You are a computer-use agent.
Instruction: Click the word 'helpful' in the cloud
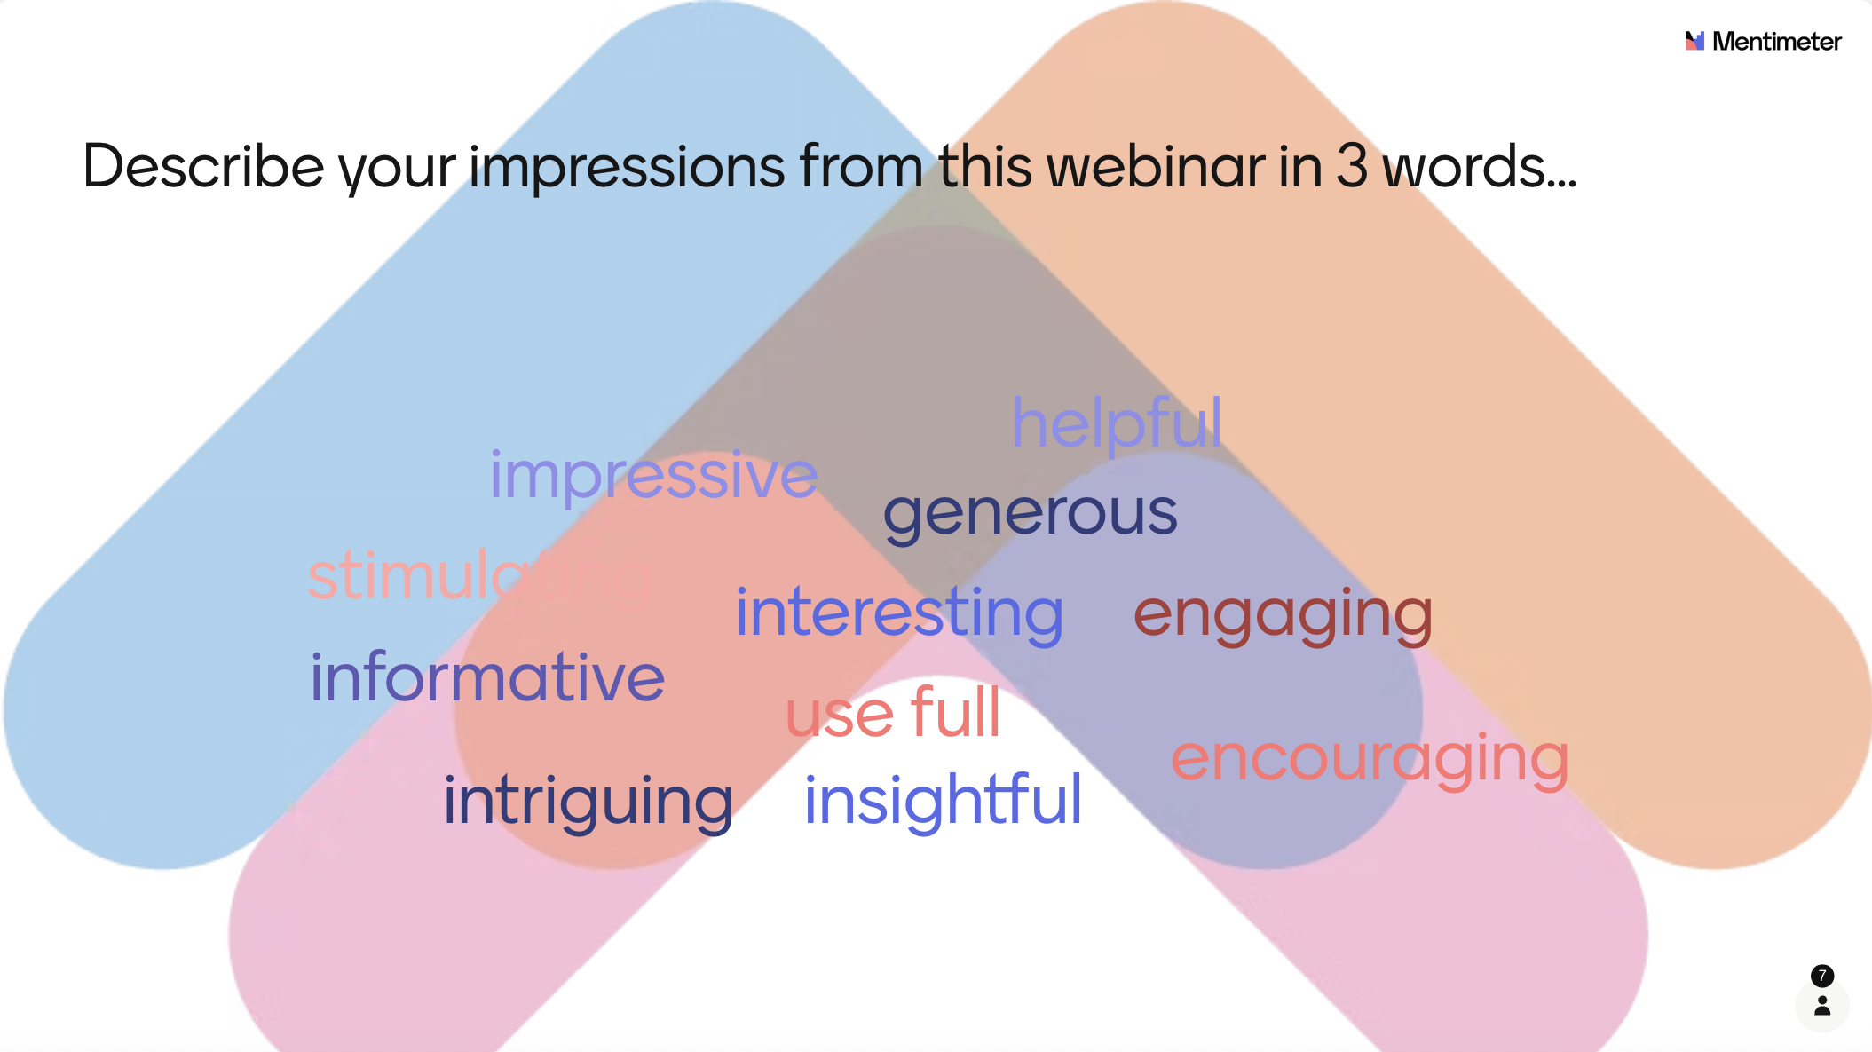click(x=1117, y=424)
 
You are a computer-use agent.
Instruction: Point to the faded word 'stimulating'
click(x=480, y=576)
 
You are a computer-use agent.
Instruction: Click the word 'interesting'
click(x=899, y=613)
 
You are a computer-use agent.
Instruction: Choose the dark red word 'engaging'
click(x=1283, y=615)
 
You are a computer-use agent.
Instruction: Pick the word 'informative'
click(x=487, y=677)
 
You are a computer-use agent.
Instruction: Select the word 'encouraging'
click(x=1370, y=760)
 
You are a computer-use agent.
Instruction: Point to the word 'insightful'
click(x=943, y=801)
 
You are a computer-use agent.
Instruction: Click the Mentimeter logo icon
click(x=1694, y=41)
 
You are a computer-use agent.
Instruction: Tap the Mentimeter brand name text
click(x=1776, y=41)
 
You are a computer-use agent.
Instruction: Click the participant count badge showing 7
click(x=1821, y=976)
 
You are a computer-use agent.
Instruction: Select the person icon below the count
click(x=1822, y=1005)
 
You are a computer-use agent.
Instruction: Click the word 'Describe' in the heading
click(x=203, y=166)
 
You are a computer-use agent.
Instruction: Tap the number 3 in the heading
click(x=1351, y=166)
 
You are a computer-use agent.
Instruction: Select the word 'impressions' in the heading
click(x=627, y=169)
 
